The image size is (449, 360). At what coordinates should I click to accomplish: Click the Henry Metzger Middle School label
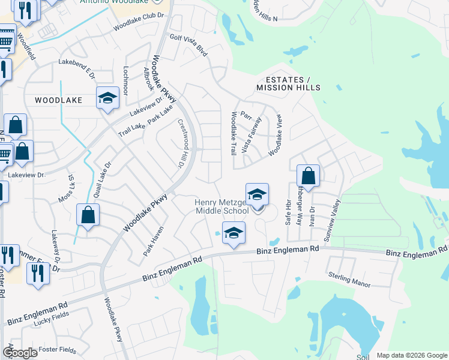[221, 206]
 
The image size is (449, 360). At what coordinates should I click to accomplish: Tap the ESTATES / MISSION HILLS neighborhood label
[283, 83]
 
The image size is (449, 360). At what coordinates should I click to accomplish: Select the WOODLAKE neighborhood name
[58, 100]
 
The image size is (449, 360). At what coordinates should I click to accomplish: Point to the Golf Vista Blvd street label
[188, 46]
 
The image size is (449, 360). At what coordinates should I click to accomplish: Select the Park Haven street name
[153, 241]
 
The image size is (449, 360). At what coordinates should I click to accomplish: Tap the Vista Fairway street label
[251, 135]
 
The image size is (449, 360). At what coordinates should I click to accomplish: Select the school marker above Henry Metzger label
[257, 195]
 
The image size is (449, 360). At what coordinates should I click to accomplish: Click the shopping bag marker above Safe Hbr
[308, 176]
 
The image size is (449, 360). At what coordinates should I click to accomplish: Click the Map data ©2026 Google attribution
[411, 355]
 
